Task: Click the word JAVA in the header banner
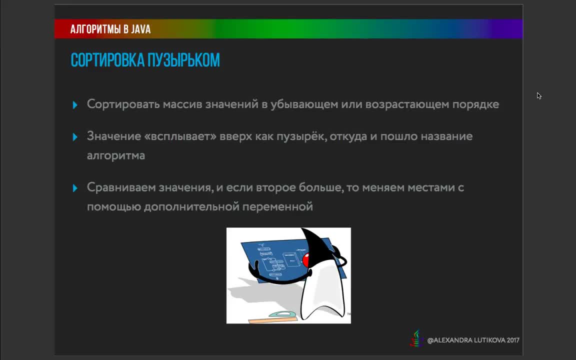click(x=141, y=29)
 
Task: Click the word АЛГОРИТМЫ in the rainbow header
click(x=95, y=29)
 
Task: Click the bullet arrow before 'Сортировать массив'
click(x=75, y=105)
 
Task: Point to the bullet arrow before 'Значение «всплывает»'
click(x=75, y=137)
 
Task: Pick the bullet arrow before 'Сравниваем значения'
click(x=75, y=188)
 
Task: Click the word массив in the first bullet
click(x=182, y=104)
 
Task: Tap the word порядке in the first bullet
click(x=475, y=104)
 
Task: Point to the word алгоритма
click(x=115, y=156)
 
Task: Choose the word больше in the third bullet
click(x=321, y=187)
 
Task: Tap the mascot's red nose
click(x=306, y=260)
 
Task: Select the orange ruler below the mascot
click(x=273, y=320)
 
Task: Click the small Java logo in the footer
click(x=416, y=338)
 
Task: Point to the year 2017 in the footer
click(x=513, y=340)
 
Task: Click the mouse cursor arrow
click(x=539, y=96)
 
